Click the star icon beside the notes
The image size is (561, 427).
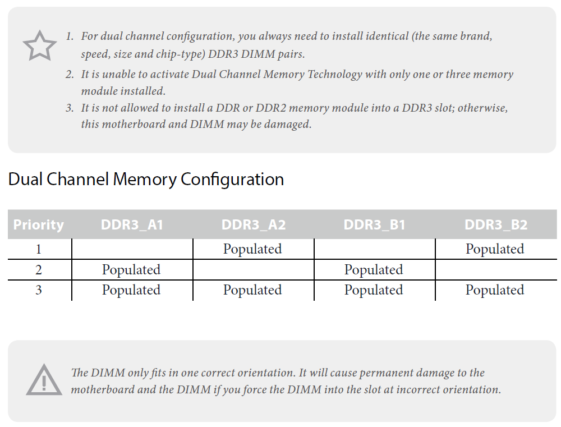click(x=40, y=45)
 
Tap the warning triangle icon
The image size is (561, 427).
click(x=44, y=380)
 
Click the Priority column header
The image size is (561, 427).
click(x=38, y=225)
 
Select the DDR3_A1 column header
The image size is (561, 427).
click(x=132, y=225)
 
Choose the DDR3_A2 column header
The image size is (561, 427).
click(x=254, y=225)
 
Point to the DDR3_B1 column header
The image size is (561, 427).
click(x=374, y=225)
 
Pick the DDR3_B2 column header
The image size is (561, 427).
click(x=496, y=225)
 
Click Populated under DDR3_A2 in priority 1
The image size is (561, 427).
click(x=252, y=249)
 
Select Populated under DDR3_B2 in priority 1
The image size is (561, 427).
click(x=495, y=249)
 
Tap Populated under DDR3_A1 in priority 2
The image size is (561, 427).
click(x=131, y=270)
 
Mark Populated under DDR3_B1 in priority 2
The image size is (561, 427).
click(x=374, y=270)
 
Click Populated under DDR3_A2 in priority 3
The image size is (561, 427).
click(x=252, y=290)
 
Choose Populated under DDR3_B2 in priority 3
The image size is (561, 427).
click(x=495, y=290)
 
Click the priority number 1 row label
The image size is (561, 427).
click(x=39, y=249)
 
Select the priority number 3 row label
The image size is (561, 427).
click(x=39, y=290)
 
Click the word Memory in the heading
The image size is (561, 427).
click(x=145, y=180)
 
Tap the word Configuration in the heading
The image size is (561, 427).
click(x=232, y=180)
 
